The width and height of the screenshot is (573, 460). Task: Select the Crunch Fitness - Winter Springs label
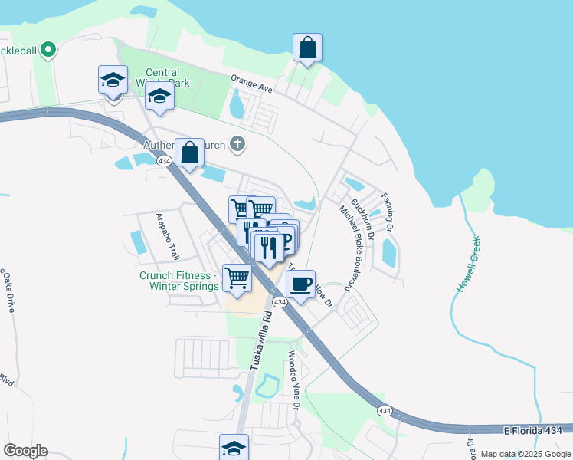coord(178,281)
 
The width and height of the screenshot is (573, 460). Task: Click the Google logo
coord(25,451)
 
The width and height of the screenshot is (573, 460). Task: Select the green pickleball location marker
coord(48,51)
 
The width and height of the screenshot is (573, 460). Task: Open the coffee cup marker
coord(300,284)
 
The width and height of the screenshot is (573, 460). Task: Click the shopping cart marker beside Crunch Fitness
coord(237,278)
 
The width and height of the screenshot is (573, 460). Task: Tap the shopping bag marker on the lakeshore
coord(307,48)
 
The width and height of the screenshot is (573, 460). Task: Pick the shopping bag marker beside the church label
coord(190,153)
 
